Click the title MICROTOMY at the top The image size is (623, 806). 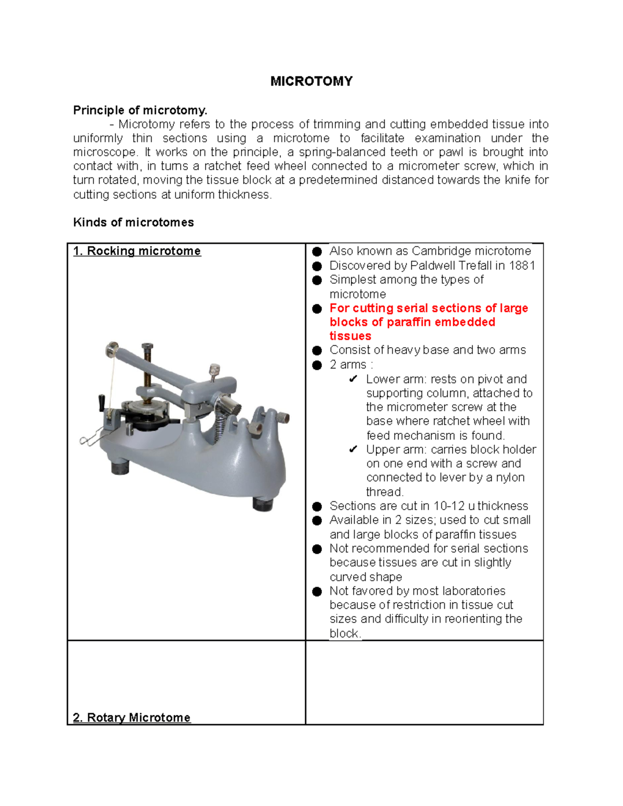pyautogui.click(x=311, y=81)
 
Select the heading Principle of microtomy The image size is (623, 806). pyautogui.click(x=140, y=110)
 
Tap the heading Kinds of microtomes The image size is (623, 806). pyautogui.click(x=133, y=222)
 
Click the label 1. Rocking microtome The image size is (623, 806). pyautogui.click(x=137, y=251)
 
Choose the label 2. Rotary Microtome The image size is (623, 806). pyautogui.click(x=132, y=717)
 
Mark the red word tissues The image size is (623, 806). pyautogui.click(x=350, y=336)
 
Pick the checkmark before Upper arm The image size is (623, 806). pyautogui.click(x=353, y=449)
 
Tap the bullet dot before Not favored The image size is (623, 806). pyautogui.click(x=317, y=591)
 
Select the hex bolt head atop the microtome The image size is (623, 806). pyautogui.click(x=147, y=346)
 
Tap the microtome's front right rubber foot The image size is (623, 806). pyautogui.click(x=263, y=503)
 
